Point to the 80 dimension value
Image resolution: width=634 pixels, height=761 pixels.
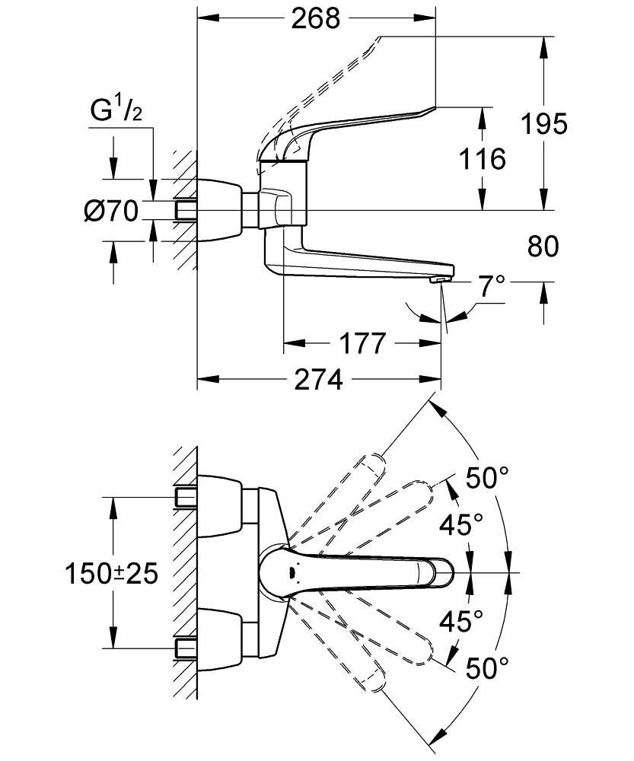point(542,246)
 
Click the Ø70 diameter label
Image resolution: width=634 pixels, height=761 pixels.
point(110,211)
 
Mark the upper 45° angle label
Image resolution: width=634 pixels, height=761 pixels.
point(462,524)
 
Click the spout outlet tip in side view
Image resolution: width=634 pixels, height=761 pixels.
point(440,281)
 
